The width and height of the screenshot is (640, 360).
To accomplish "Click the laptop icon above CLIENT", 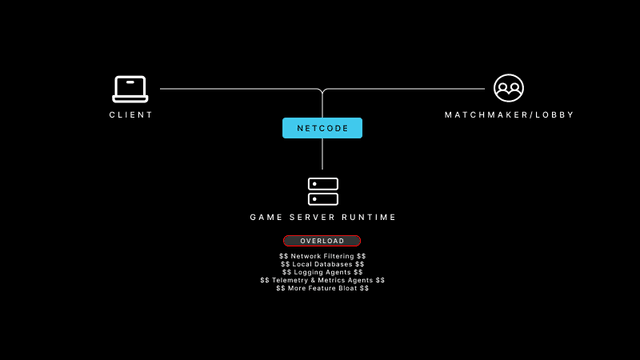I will [130, 89].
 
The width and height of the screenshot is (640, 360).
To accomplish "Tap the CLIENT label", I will [131, 115].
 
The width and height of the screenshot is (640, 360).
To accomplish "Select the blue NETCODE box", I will [322, 128].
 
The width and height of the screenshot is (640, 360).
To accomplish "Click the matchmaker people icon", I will [509, 89].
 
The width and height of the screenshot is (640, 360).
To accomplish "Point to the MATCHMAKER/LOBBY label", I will [509, 115].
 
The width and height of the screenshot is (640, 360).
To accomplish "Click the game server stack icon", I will [322, 191].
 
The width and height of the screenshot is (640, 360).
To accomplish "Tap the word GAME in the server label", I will [264, 217].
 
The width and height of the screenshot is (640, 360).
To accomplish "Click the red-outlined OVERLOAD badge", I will [322, 241].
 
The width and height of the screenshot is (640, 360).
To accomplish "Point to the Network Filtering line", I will [322, 256].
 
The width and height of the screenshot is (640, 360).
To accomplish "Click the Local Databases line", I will [322, 264].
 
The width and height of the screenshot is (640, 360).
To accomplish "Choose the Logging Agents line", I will [322, 272].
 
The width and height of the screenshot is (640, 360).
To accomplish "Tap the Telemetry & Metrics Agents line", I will [322, 280].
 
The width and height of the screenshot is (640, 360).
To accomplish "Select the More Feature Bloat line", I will [322, 288].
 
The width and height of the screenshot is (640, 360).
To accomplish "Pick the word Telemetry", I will [288, 280].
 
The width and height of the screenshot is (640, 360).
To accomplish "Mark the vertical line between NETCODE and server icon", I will [322, 156].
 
